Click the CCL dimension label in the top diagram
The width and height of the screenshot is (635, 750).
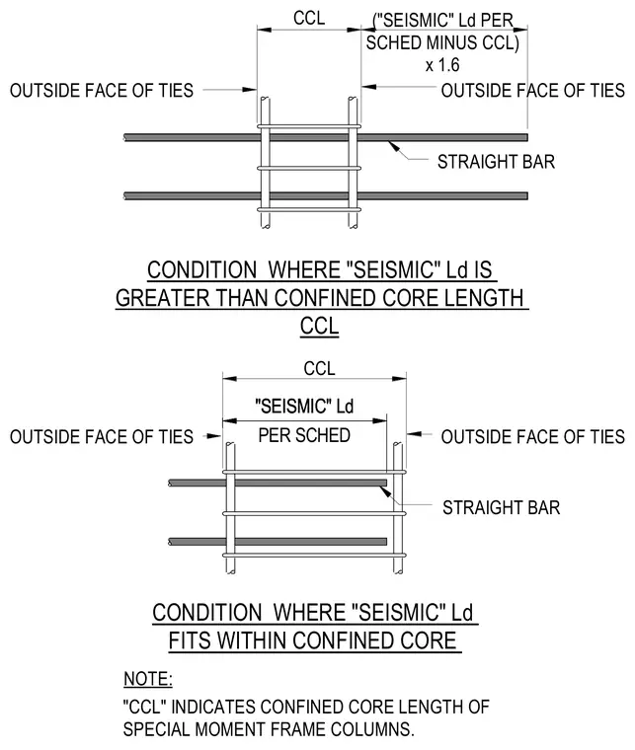[309, 18]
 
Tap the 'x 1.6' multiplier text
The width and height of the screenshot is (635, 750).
[442, 64]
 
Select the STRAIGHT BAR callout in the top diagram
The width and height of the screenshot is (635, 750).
[496, 162]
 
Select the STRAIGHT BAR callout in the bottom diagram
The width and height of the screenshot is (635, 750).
[501, 507]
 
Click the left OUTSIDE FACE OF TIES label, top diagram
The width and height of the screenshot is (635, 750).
[102, 91]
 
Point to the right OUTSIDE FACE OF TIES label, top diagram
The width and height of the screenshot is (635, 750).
[533, 91]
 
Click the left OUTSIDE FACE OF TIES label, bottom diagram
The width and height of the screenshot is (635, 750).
[102, 437]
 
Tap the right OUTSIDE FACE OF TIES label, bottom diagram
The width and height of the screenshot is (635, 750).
[533, 437]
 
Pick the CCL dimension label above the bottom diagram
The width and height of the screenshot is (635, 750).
[319, 368]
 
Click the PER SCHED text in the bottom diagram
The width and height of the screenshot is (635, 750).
[304, 435]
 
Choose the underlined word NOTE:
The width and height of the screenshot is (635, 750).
[148, 679]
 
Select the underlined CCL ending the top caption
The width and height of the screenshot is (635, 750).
[320, 327]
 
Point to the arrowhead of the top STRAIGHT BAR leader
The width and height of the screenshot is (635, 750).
[389, 142]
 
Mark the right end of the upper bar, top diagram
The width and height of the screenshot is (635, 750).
[526, 137]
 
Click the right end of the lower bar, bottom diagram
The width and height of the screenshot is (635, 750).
[386, 542]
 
